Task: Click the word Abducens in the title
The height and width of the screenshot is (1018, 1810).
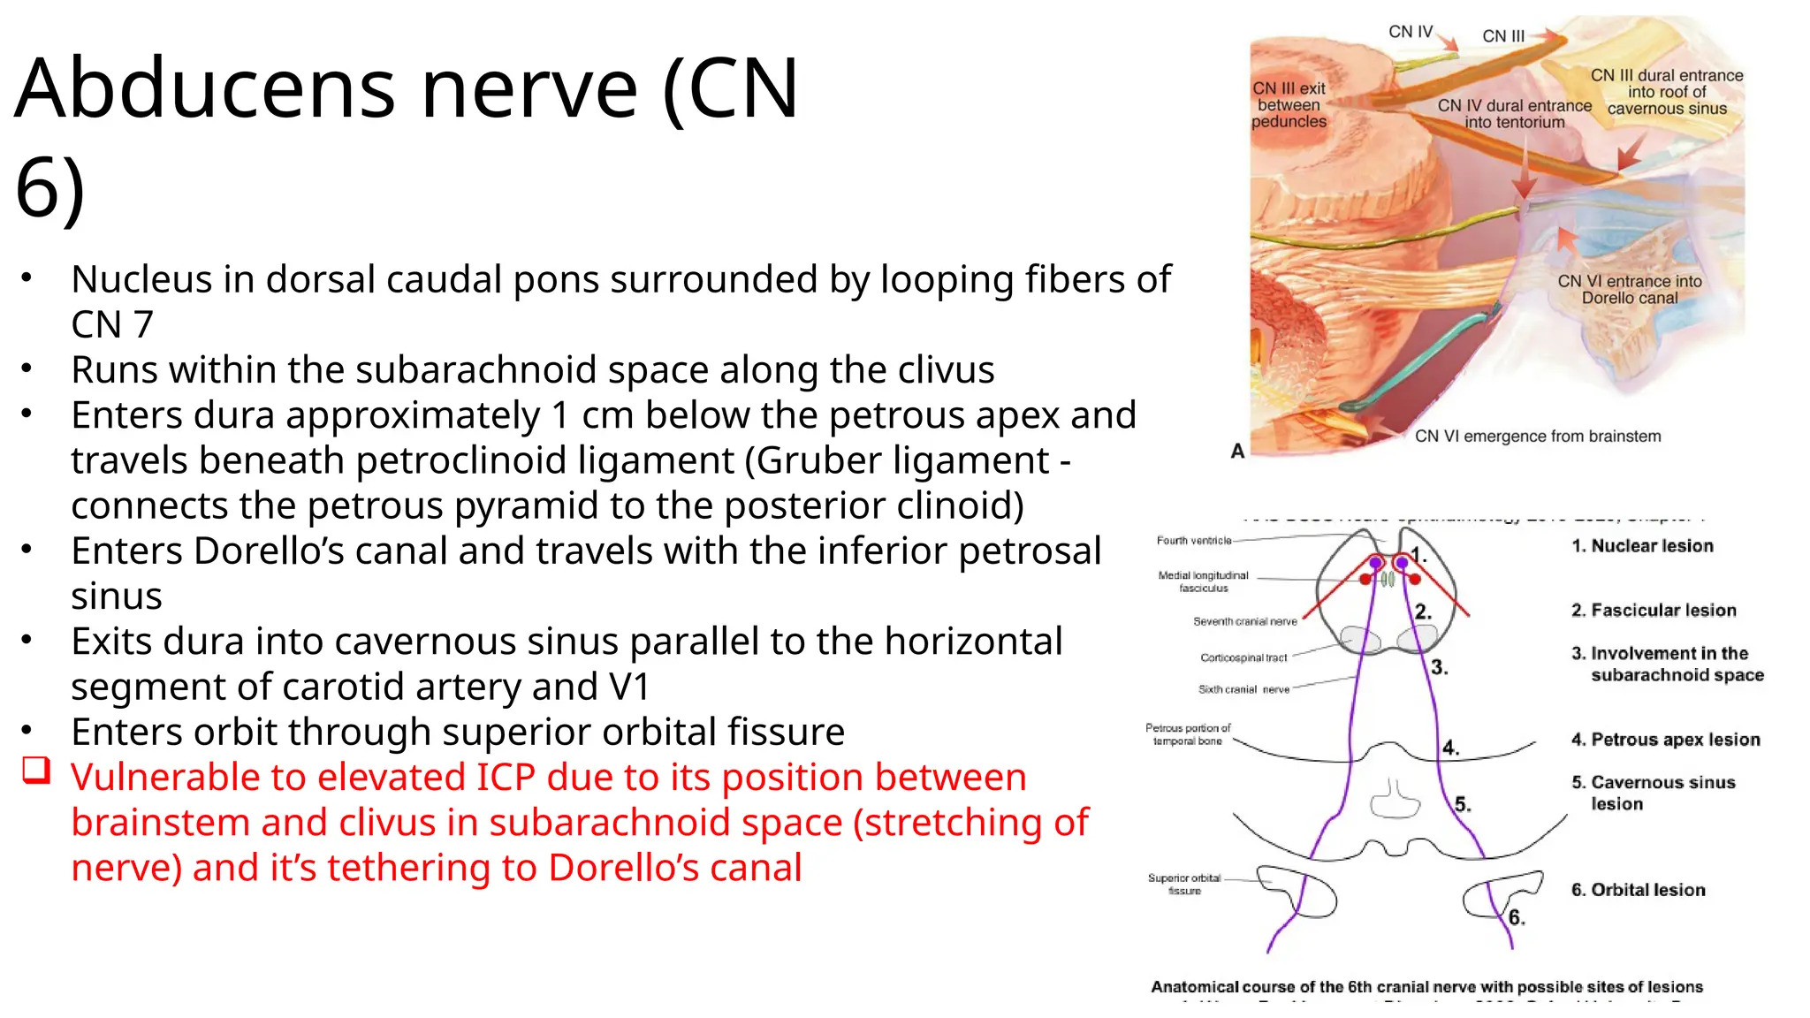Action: pyautogui.click(x=203, y=88)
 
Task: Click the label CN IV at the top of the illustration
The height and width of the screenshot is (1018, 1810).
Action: pyautogui.click(x=1410, y=32)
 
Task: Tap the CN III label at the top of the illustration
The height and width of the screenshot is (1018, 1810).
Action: pyautogui.click(x=1503, y=36)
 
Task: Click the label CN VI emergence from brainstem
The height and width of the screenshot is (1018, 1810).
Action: pyautogui.click(x=1538, y=436)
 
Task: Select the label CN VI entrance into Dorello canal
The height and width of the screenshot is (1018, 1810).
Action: pyautogui.click(x=1629, y=289)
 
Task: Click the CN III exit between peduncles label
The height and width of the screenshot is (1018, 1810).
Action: pyautogui.click(x=1289, y=105)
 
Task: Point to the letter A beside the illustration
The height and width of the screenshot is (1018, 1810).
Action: pyautogui.click(x=1237, y=452)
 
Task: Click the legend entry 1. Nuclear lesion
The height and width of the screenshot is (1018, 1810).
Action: pyautogui.click(x=1642, y=546)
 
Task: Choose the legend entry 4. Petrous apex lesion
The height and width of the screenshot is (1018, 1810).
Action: pyautogui.click(x=1665, y=740)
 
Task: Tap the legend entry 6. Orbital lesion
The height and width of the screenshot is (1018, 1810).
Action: pyautogui.click(x=1638, y=890)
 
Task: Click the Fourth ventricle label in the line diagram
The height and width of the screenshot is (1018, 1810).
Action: pyautogui.click(x=1193, y=541)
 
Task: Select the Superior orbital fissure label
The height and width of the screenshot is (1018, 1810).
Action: pyautogui.click(x=1184, y=884)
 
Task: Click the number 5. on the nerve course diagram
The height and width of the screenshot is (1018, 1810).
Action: pyautogui.click(x=1463, y=804)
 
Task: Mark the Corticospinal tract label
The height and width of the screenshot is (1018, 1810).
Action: pyautogui.click(x=1243, y=657)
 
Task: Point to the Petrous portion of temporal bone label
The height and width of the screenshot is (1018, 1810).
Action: pyautogui.click(x=1188, y=734)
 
